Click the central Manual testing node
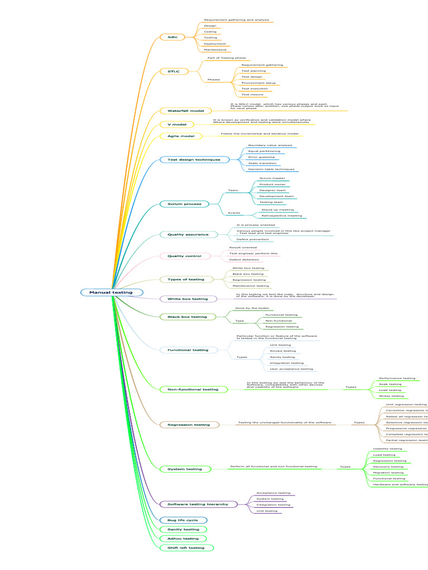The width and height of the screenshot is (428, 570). click(x=111, y=292)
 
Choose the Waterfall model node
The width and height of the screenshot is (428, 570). click(x=186, y=111)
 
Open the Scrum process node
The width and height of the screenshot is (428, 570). click(x=184, y=204)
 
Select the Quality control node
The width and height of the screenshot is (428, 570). click(x=181, y=256)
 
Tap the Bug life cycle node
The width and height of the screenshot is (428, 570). click(x=183, y=520)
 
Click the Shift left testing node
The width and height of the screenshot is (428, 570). click(x=186, y=548)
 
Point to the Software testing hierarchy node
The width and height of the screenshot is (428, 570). click(x=198, y=504)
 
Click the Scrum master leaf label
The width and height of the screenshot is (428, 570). click(x=272, y=178)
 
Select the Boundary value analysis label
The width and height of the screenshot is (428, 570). click(x=270, y=145)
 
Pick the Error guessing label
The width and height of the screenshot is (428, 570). click(x=261, y=157)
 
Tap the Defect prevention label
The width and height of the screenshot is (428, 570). click(x=252, y=239)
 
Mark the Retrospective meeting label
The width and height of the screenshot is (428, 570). click(x=281, y=215)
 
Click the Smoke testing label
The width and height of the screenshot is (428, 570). click(x=283, y=351)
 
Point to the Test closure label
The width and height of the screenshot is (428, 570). click(x=252, y=95)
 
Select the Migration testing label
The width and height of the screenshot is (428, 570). click(x=388, y=473)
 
